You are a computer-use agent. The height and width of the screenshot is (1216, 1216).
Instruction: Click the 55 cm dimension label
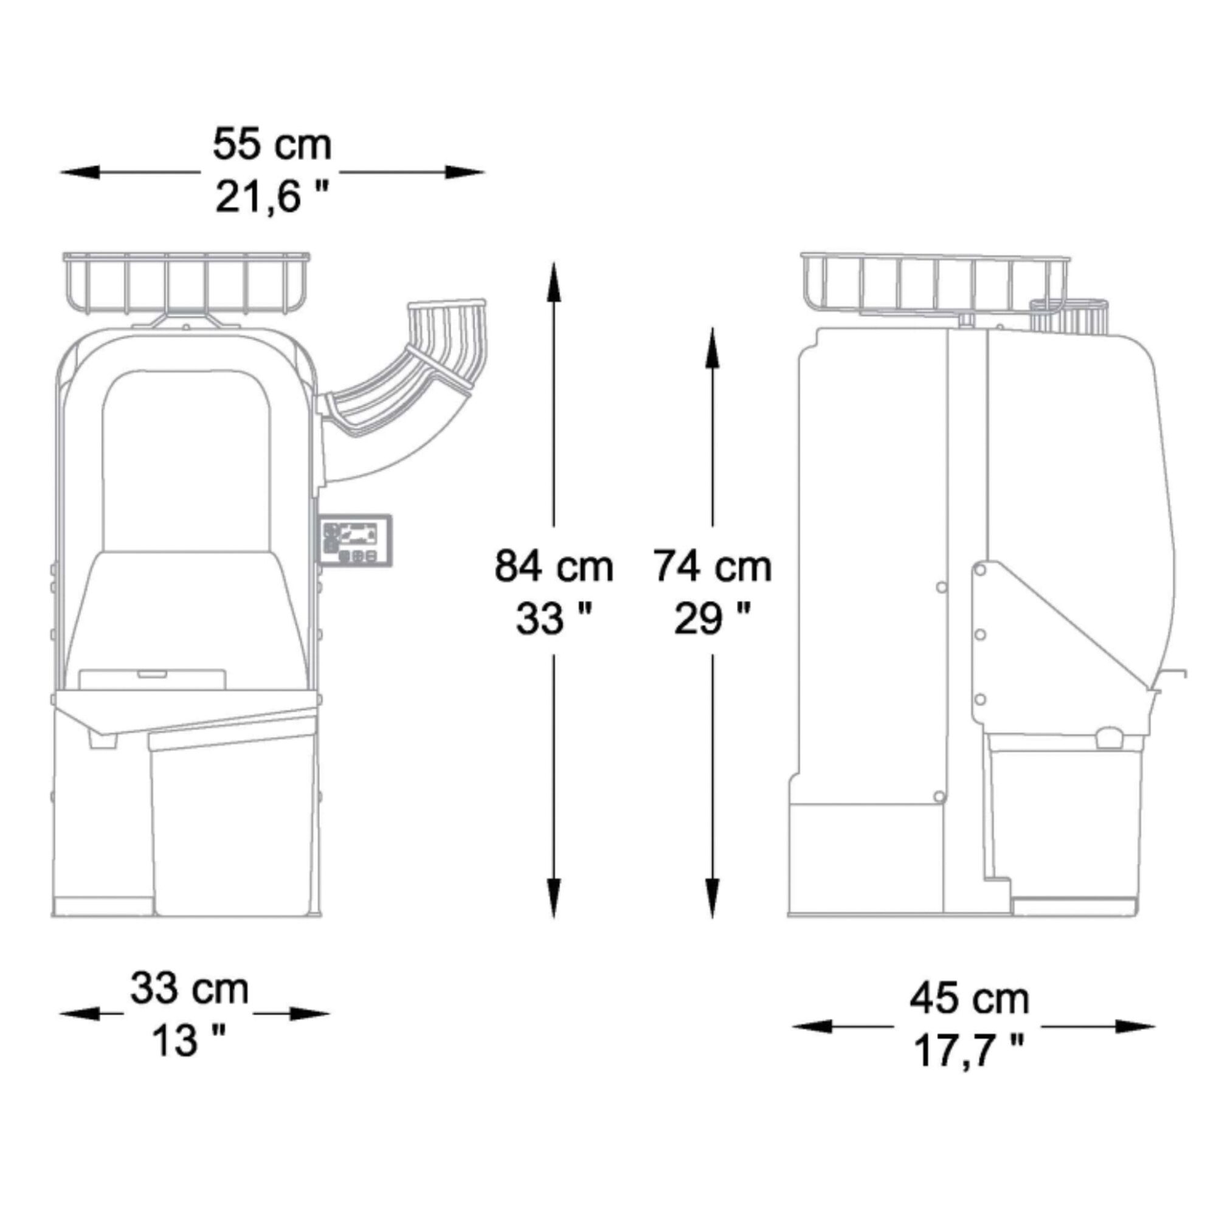coord(272,144)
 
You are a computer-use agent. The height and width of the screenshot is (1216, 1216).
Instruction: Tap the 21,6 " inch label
coord(272,197)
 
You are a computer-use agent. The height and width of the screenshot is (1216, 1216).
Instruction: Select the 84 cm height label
coord(553,566)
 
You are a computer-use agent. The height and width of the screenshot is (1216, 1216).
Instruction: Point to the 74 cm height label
coord(712,566)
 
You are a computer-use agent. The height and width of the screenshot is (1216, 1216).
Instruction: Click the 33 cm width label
coord(190,989)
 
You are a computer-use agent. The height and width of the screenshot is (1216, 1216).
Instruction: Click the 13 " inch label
coord(190,1040)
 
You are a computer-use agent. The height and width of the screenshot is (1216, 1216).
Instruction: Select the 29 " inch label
coord(712,619)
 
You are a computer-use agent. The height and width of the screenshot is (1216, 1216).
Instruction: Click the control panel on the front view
coord(356,540)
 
